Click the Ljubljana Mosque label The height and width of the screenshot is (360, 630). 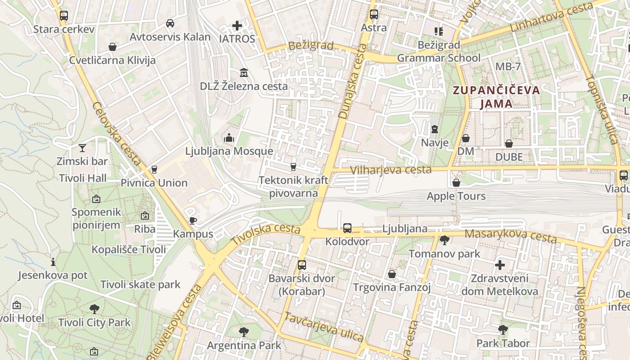pos(229,151)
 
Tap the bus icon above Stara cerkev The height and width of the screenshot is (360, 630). pos(64,16)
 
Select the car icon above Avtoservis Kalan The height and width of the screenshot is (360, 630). pos(170,23)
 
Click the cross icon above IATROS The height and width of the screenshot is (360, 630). pos(237,26)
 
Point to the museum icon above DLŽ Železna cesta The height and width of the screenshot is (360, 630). pos(244,72)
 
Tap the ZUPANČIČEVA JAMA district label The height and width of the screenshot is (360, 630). pos(496,97)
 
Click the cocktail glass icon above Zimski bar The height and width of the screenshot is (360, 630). pos(82,148)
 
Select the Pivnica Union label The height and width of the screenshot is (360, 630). pos(154,183)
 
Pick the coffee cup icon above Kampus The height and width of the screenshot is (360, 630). pos(193,220)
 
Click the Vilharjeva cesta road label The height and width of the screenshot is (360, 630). pos(391,170)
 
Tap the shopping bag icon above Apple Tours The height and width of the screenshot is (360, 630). pos(456,183)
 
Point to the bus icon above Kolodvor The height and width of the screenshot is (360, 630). pos(347,228)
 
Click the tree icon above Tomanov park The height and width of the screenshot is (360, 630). pos(445,240)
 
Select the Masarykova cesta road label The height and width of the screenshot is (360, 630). pos(510,235)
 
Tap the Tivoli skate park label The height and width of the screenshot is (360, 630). pos(140,284)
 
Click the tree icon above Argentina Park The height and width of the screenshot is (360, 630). pos(244,332)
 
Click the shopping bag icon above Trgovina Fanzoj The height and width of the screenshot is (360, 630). pos(392,274)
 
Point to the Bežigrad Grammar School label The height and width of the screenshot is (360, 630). pos(439,51)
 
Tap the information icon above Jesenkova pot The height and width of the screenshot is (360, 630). pos(53,262)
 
